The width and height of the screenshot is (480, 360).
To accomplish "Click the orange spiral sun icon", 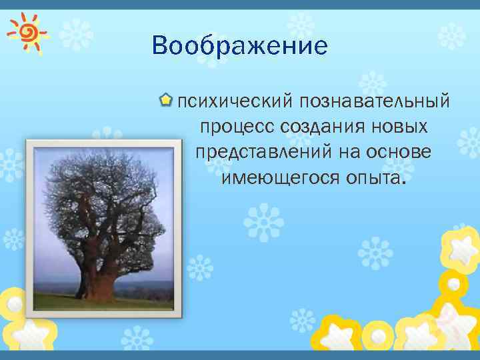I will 27,31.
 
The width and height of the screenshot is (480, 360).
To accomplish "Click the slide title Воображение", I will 239,46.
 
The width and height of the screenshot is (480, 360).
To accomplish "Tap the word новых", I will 400,127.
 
